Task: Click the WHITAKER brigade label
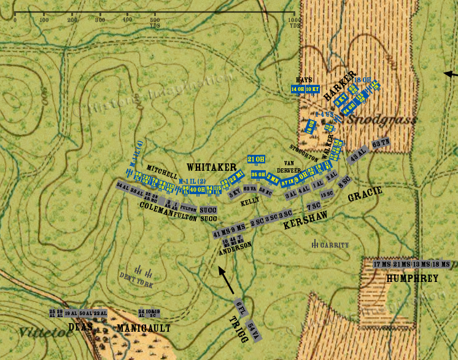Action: [212, 167]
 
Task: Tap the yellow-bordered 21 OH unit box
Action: [256, 160]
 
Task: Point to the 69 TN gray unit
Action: [381, 143]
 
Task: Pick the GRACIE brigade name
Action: [365, 195]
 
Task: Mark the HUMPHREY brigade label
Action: [412, 278]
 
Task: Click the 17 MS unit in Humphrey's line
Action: [382, 264]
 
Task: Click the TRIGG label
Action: [240, 329]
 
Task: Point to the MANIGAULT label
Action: [144, 329]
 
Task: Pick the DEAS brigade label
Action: [80, 326]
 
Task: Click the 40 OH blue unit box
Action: [197, 190]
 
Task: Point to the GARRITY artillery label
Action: [334, 245]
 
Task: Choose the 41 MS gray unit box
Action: [219, 233]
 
